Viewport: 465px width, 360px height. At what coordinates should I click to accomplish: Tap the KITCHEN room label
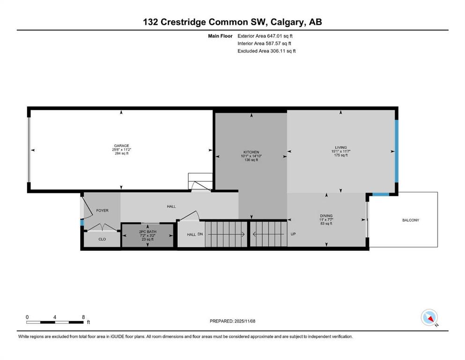coord(251,152)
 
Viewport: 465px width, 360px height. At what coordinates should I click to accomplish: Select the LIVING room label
coord(340,147)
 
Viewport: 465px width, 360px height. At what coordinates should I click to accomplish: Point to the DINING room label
coord(326,216)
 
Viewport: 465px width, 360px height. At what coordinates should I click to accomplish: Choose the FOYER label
coord(102,210)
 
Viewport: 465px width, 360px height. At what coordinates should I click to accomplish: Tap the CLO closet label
coord(102,239)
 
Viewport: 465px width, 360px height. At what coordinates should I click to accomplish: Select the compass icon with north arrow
coord(429,317)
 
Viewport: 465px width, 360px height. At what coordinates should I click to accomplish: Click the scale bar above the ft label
coord(55,322)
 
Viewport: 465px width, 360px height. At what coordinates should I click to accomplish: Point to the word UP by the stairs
coord(293,234)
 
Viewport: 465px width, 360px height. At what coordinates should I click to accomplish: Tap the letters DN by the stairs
coord(200,234)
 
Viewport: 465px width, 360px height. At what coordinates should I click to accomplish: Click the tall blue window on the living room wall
coord(396,150)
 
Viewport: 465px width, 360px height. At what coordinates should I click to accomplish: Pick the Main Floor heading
coord(220,36)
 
